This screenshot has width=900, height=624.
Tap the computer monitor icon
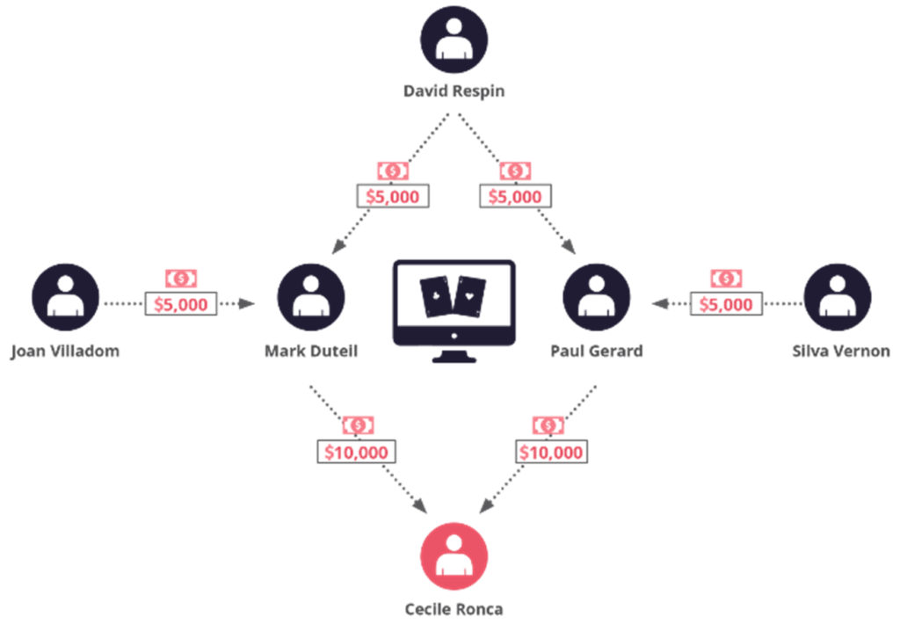pos(454,308)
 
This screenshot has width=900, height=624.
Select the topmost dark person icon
pos(454,40)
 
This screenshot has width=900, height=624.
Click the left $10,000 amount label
pos(357,453)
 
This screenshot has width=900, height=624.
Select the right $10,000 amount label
pos(551,453)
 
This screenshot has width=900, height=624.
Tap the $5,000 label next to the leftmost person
pos(182,304)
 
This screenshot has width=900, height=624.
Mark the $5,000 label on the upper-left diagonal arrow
pos(392,196)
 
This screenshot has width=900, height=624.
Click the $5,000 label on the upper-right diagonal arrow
pos(515,196)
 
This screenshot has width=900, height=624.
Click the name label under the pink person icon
pos(454,607)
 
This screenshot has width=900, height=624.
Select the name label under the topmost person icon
pos(454,90)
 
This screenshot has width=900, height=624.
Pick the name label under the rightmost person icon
pos(837,352)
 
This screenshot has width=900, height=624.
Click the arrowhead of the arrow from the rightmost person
pos(657,304)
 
